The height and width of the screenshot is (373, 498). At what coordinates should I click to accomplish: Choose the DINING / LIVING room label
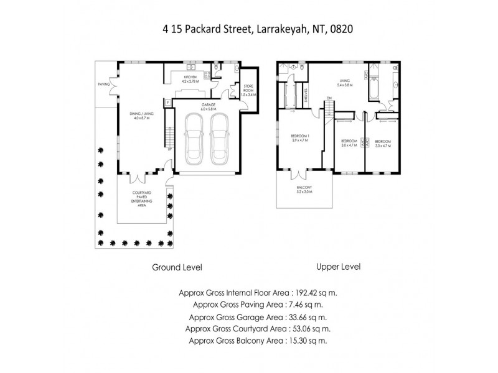(x=141, y=116)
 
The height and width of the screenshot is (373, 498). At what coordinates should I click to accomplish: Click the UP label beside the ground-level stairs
(x=169, y=149)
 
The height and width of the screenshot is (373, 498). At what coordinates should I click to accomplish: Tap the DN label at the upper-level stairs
(x=327, y=98)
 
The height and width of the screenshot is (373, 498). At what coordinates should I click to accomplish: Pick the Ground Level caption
(x=177, y=267)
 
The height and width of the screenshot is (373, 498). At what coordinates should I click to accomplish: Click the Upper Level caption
(x=339, y=266)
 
